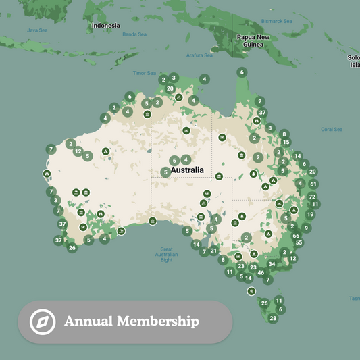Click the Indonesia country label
click(x=106, y=26)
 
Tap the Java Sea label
click(x=36, y=30)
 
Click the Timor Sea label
click(x=145, y=73)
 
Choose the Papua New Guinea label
click(x=253, y=41)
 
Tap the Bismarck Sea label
click(x=276, y=21)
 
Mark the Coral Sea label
click(x=332, y=129)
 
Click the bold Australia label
click(x=187, y=170)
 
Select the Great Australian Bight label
click(x=165, y=254)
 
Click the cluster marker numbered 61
click(x=313, y=184)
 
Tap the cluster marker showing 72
click(x=312, y=197)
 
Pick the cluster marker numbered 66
click(x=296, y=235)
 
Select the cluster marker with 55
click(x=299, y=243)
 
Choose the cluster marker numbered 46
click(x=261, y=273)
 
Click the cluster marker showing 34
click(x=272, y=264)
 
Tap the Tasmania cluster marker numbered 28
click(x=273, y=318)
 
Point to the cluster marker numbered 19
click(x=310, y=215)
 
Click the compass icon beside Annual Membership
click(x=43, y=322)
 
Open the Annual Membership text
click(x=132, y=322)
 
